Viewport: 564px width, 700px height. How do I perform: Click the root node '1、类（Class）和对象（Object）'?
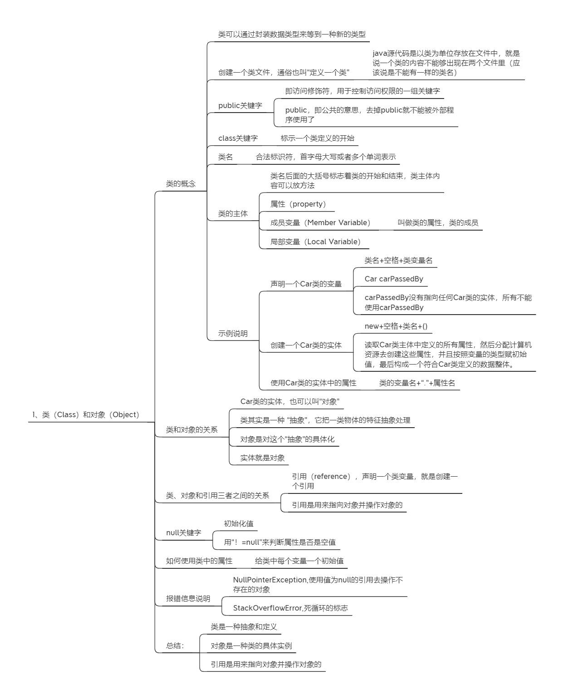pos(86,414)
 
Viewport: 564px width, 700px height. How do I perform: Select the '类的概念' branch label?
pos(181,184)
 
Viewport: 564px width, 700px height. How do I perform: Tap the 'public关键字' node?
pos(240,105)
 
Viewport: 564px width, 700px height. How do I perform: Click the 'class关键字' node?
pos(238,138)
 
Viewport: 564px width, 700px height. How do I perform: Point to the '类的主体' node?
pos(233,213)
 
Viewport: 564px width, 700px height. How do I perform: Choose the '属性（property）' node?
pos(298,204)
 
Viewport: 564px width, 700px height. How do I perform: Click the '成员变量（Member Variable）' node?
pos(320,222)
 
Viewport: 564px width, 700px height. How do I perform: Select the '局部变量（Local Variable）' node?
pos(315,242)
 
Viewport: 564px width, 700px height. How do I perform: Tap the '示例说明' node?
pos(233,333)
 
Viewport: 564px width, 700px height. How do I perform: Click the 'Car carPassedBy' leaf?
pos(394,279)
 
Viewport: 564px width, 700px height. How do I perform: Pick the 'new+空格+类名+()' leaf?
pos(396,326)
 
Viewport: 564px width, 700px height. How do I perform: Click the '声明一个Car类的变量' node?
pos(306,284)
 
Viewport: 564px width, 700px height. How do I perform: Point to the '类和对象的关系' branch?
pos(192,430)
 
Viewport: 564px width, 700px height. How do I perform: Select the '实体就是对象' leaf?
pos(262,458)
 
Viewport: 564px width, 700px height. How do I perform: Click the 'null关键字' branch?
pos(184,532)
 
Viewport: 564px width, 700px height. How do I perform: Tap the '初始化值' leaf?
pos(239,523)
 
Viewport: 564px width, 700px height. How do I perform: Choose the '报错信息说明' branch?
pos(188,598)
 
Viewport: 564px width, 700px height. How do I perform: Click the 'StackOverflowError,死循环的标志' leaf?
pos(290,608)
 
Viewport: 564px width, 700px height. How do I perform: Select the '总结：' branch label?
pos(175,646)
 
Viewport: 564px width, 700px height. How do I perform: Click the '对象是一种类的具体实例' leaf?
pos(251,646)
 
